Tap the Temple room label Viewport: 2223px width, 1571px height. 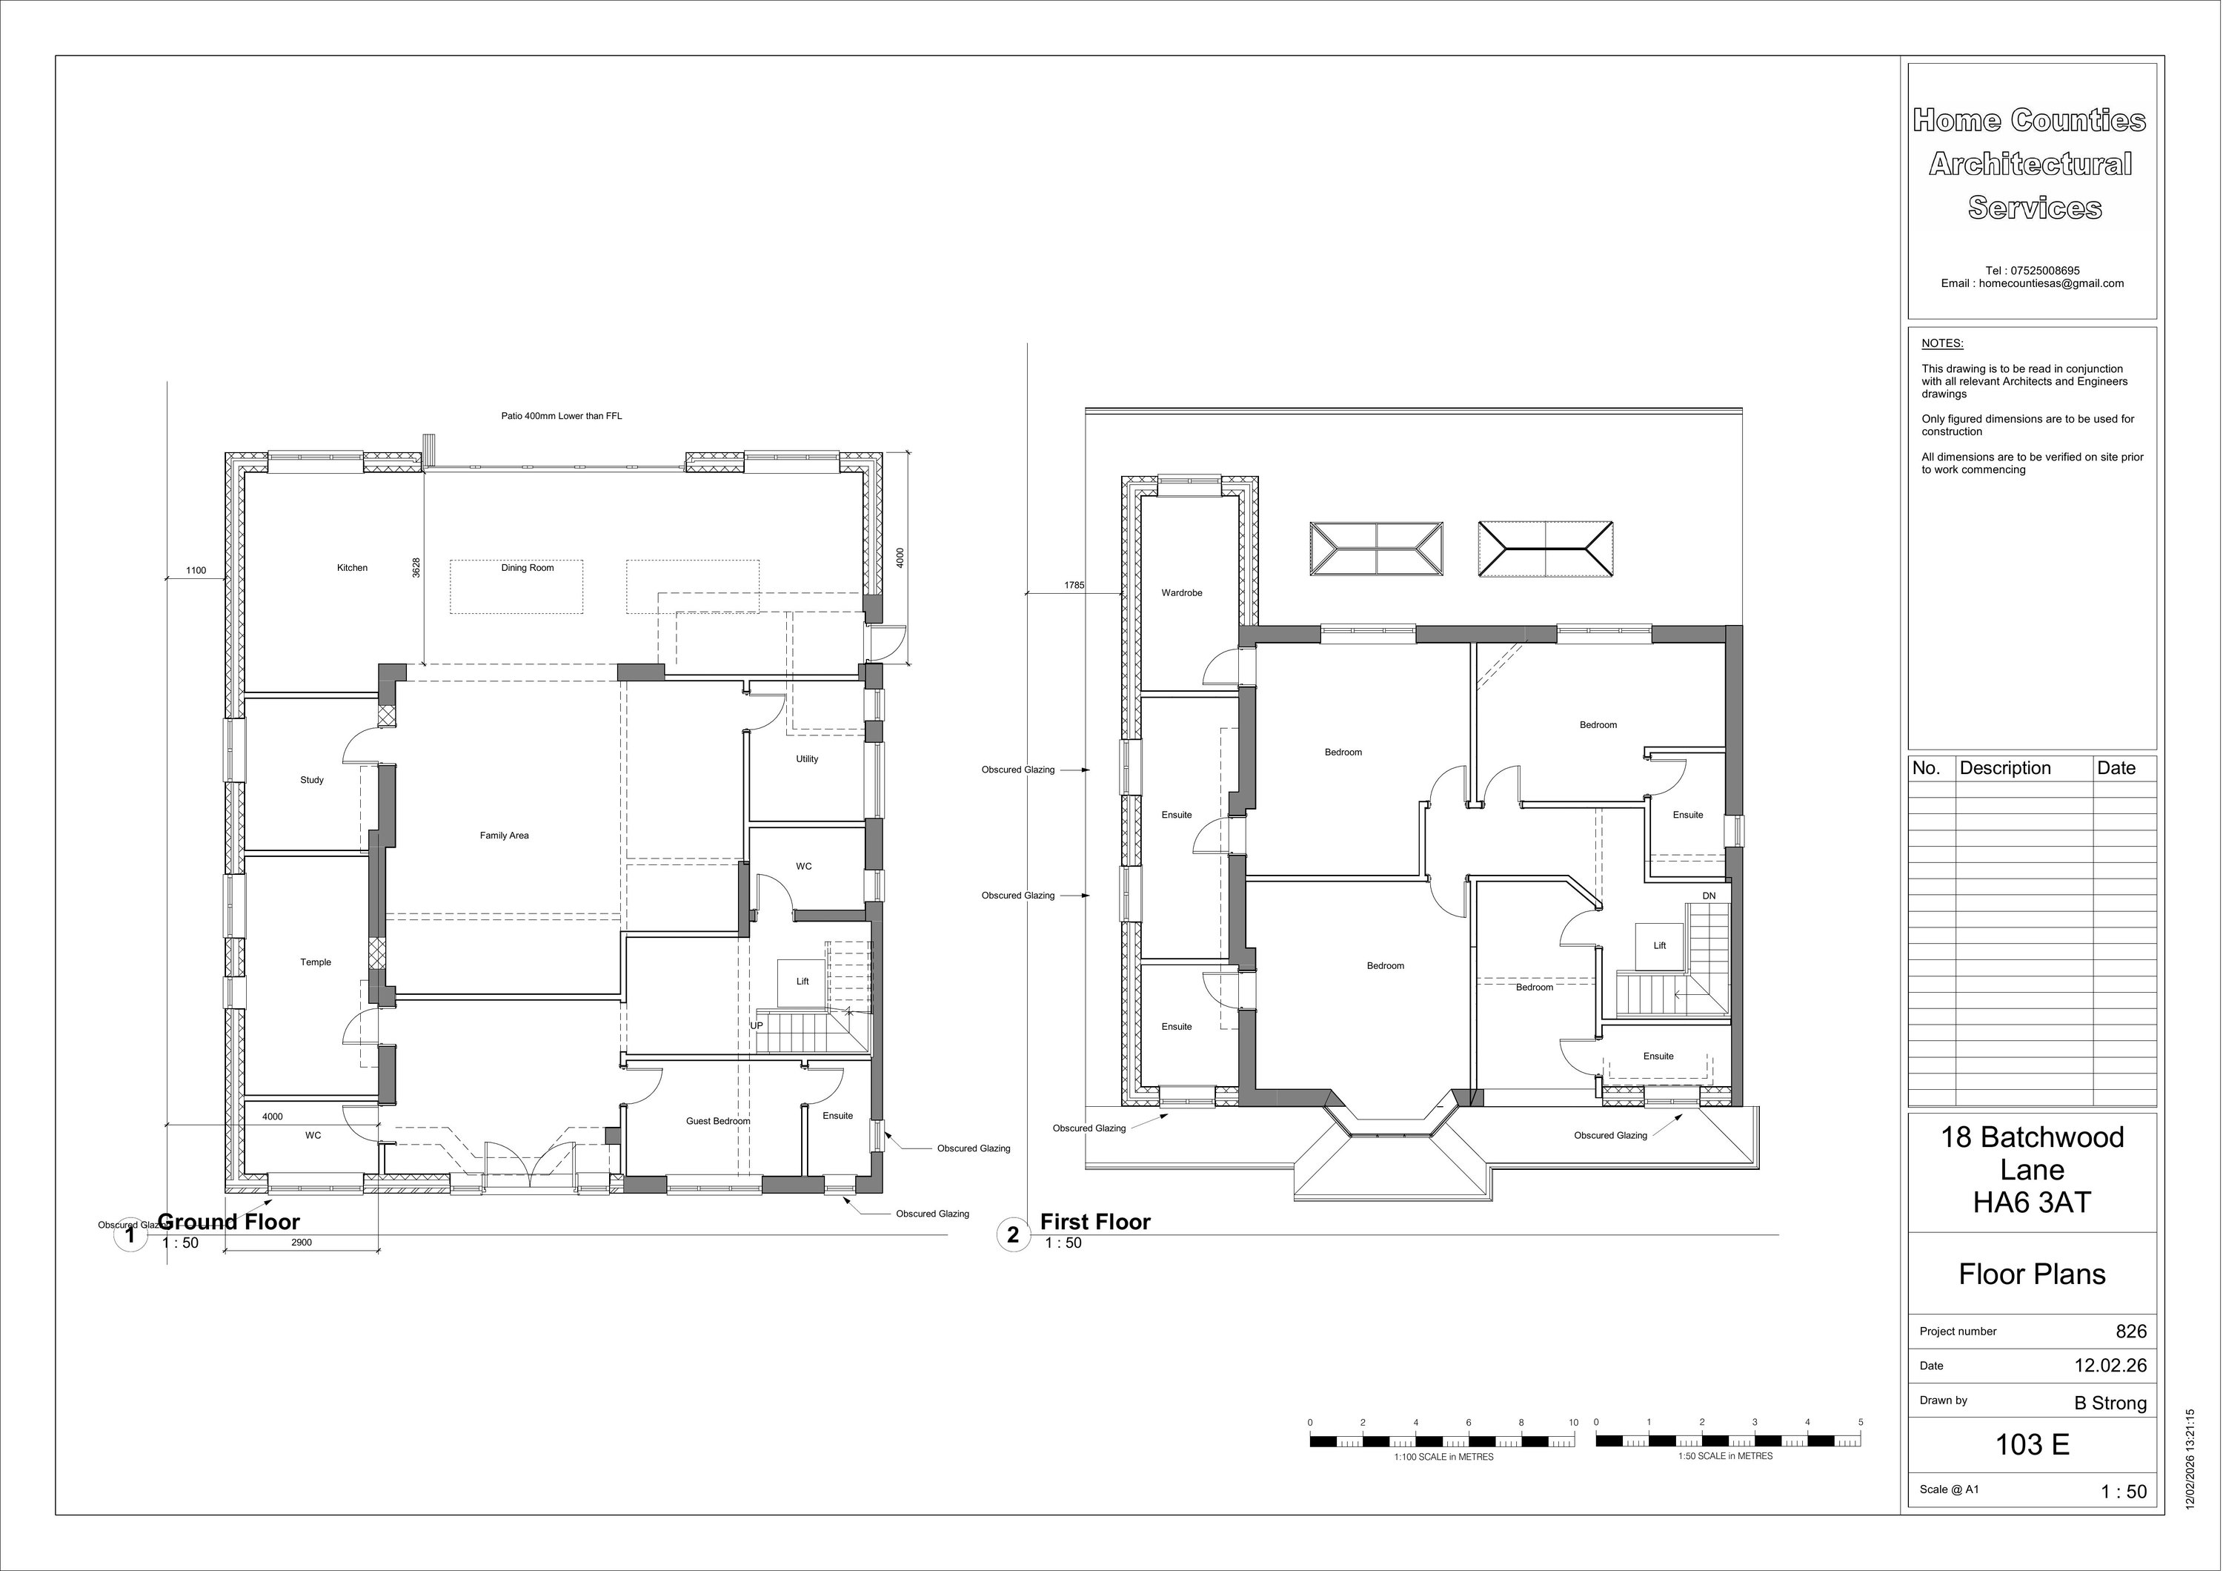pos(316,962)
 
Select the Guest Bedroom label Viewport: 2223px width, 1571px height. pos(717,1121)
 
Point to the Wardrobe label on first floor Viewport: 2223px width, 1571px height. pos(1181,593)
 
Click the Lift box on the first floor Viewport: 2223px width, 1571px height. pos(1658,945)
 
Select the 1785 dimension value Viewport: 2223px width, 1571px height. pos(1074,585)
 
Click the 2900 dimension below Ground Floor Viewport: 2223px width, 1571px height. pos(301,1243)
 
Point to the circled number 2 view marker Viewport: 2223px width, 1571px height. pos(1013,1235)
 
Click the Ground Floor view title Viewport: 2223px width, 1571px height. pos(228,1223)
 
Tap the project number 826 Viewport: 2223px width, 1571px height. pos(2131,1332)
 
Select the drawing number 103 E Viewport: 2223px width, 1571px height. pos(2033,1445)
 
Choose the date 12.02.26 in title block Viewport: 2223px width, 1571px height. pos(2110,1366)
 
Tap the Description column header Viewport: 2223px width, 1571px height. pos(2005,768)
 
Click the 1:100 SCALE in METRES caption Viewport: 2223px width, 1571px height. pos(1443,1457)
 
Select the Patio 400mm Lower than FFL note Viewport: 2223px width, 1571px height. pos(561,417)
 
